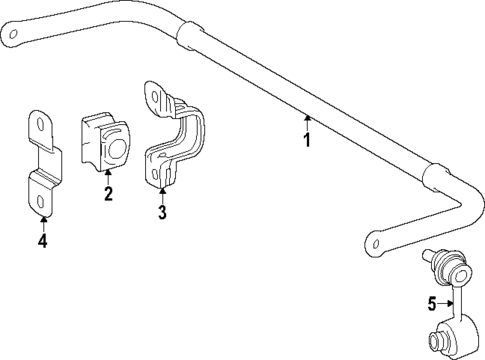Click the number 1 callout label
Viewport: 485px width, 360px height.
[x=307, y=140]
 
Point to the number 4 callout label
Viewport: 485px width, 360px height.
[x=42, y=241]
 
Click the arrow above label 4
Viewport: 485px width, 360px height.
[x=42, y=222]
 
